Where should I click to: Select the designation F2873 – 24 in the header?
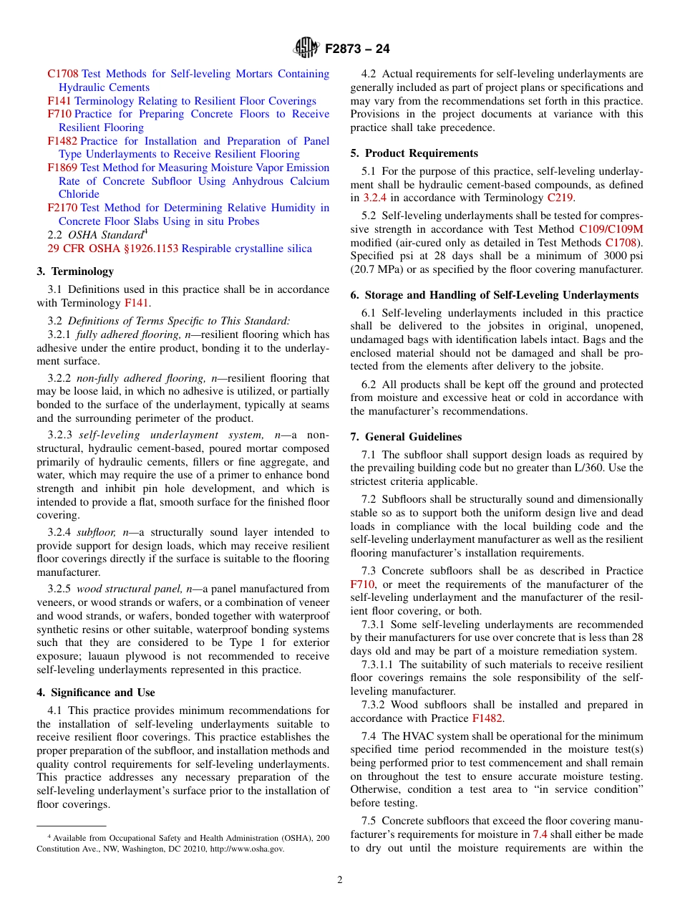coord(357,49)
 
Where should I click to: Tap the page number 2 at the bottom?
coord(340,880)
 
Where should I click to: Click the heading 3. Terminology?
coord(75,271)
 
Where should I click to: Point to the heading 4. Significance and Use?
coord(96,693)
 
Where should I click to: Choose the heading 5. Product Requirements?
coord(414,153)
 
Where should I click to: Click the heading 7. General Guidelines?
coord(406,437)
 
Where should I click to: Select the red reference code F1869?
coord(62,168)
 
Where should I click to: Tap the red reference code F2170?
coord(62,208)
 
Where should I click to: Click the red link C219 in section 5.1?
coord(560,198)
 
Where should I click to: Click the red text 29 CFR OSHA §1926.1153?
coord(113,249)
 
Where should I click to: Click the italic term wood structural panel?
coord(129,589)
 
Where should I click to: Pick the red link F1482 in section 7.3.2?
coord(487,718)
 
